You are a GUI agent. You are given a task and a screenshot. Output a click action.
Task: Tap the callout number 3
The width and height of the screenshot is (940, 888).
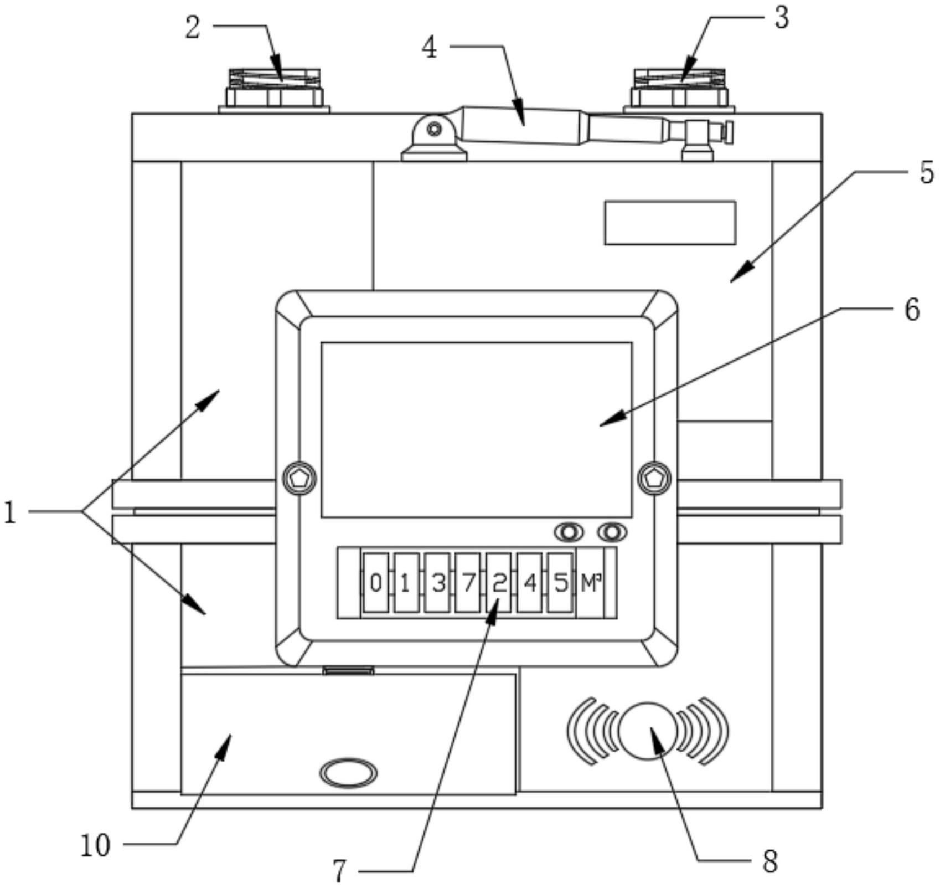tap(781, 18)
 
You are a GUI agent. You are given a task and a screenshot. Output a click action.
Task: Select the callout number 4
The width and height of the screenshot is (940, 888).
tap(429, 48)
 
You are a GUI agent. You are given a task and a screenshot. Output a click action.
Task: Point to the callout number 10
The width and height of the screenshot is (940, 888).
tap(96, 845)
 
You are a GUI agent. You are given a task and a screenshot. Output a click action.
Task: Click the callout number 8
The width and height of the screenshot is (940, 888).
tap(770, 861)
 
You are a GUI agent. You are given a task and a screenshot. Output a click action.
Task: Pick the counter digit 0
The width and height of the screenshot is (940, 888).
tap(375, 583)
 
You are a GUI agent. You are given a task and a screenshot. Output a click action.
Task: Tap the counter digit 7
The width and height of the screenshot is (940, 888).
tap(468, 583)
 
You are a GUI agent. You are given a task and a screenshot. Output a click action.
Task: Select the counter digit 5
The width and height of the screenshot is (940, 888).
tap(560, 583)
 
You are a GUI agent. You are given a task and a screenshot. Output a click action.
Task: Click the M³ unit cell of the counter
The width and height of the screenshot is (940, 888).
tap(591, 583)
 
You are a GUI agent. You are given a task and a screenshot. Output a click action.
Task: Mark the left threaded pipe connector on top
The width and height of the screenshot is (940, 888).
tap(274, 89)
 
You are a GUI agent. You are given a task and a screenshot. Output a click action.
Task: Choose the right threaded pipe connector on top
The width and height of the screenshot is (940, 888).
tap(679, 89)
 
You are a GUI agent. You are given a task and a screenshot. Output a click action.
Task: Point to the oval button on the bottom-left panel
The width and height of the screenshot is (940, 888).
tap(349, 773)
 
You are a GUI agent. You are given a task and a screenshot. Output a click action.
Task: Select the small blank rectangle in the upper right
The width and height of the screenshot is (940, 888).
tap(670, 223)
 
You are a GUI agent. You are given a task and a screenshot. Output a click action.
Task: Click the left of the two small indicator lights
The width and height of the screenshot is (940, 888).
tap(569, 532)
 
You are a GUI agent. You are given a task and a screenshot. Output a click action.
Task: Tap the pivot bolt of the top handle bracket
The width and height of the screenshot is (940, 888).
tap(435, 130)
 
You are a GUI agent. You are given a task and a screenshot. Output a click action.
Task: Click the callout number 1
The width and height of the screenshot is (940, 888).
tap(10, 512)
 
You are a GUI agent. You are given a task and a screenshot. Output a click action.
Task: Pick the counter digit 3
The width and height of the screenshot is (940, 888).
tap(437, 583)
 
